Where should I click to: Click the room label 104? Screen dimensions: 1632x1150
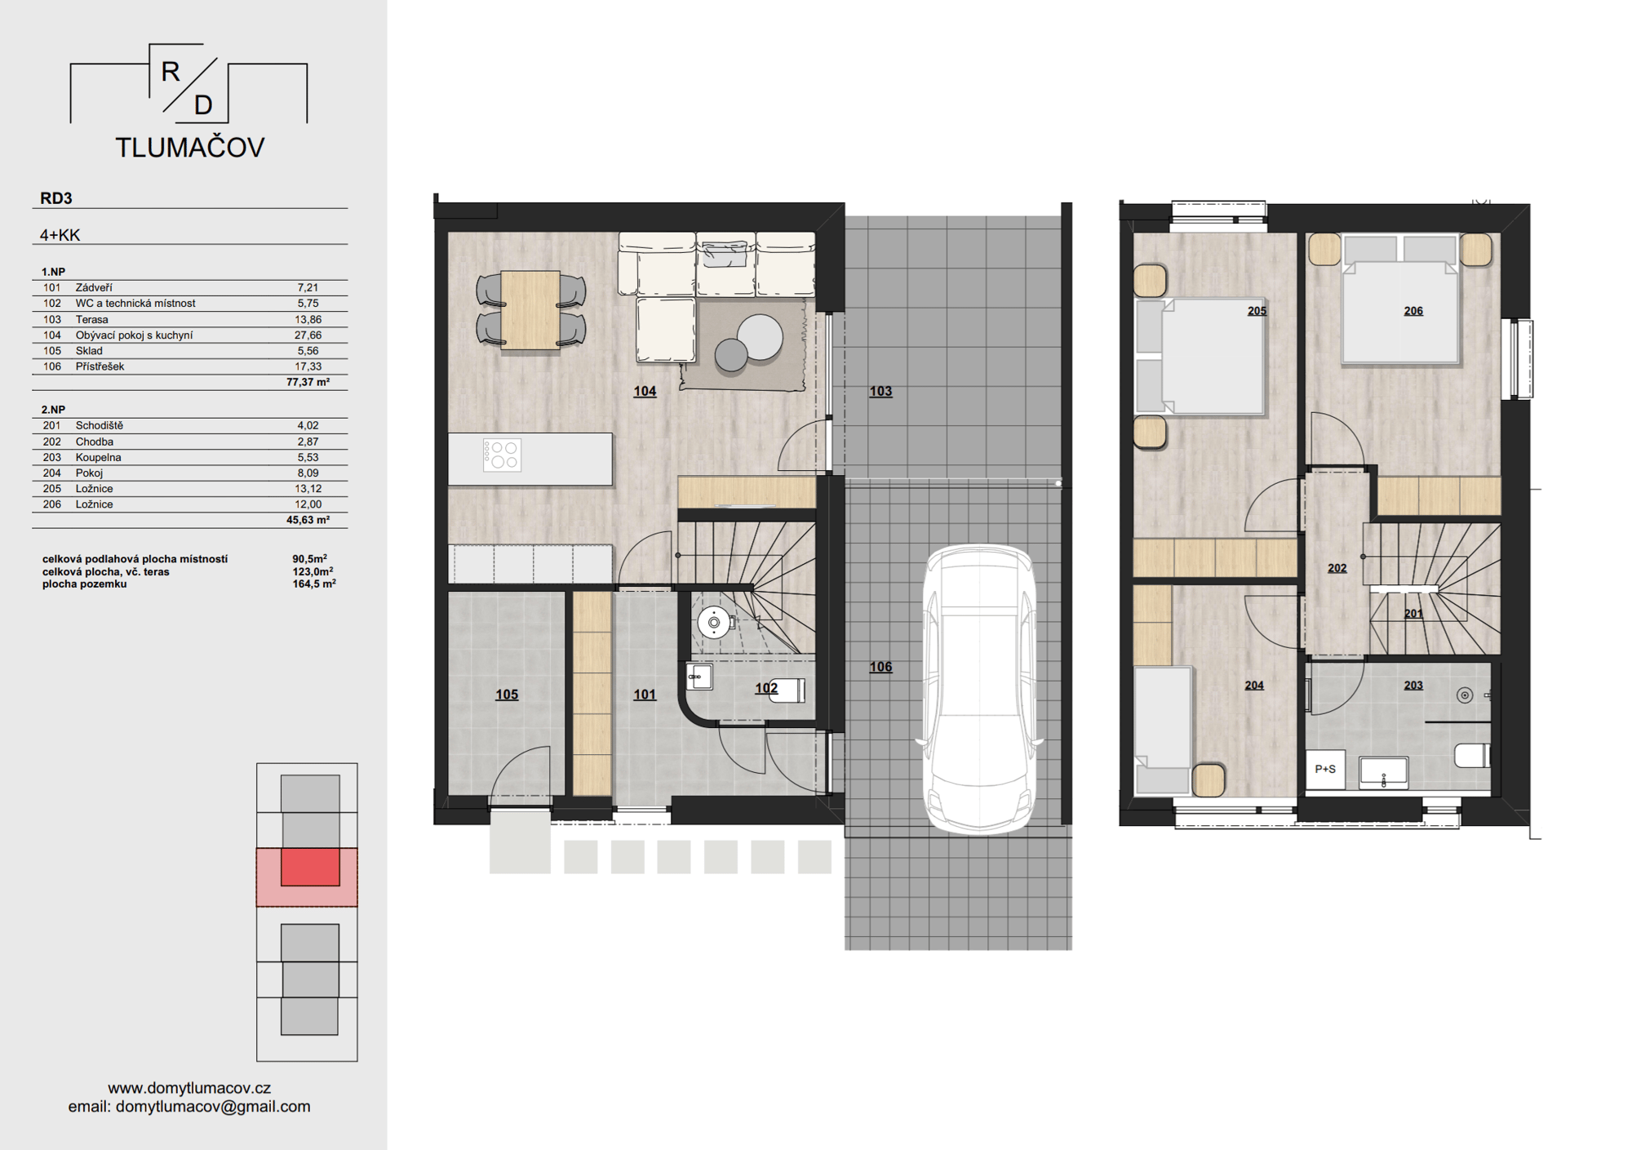645,392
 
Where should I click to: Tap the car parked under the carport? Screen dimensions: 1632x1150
980,689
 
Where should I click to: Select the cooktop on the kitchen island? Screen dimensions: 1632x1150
502,455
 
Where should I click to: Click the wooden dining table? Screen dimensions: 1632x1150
530,310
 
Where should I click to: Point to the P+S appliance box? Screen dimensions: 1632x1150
1325,769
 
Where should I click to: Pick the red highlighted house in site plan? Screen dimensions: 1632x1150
310,867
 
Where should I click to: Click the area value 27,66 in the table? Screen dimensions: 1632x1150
308,335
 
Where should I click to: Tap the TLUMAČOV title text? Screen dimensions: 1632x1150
190,148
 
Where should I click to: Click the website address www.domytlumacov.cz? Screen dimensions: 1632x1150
189,1088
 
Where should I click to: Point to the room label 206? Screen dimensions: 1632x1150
1413,311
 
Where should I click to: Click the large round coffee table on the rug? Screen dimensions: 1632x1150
760,337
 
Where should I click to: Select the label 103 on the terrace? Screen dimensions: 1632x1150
880,392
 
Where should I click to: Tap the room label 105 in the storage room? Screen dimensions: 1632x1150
507,695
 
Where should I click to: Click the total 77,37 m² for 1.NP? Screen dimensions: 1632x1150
308,382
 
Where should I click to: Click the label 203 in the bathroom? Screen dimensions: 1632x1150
1413,686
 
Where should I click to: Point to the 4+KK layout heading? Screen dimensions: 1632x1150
60,236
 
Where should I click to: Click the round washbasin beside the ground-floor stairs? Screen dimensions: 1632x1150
714,623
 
